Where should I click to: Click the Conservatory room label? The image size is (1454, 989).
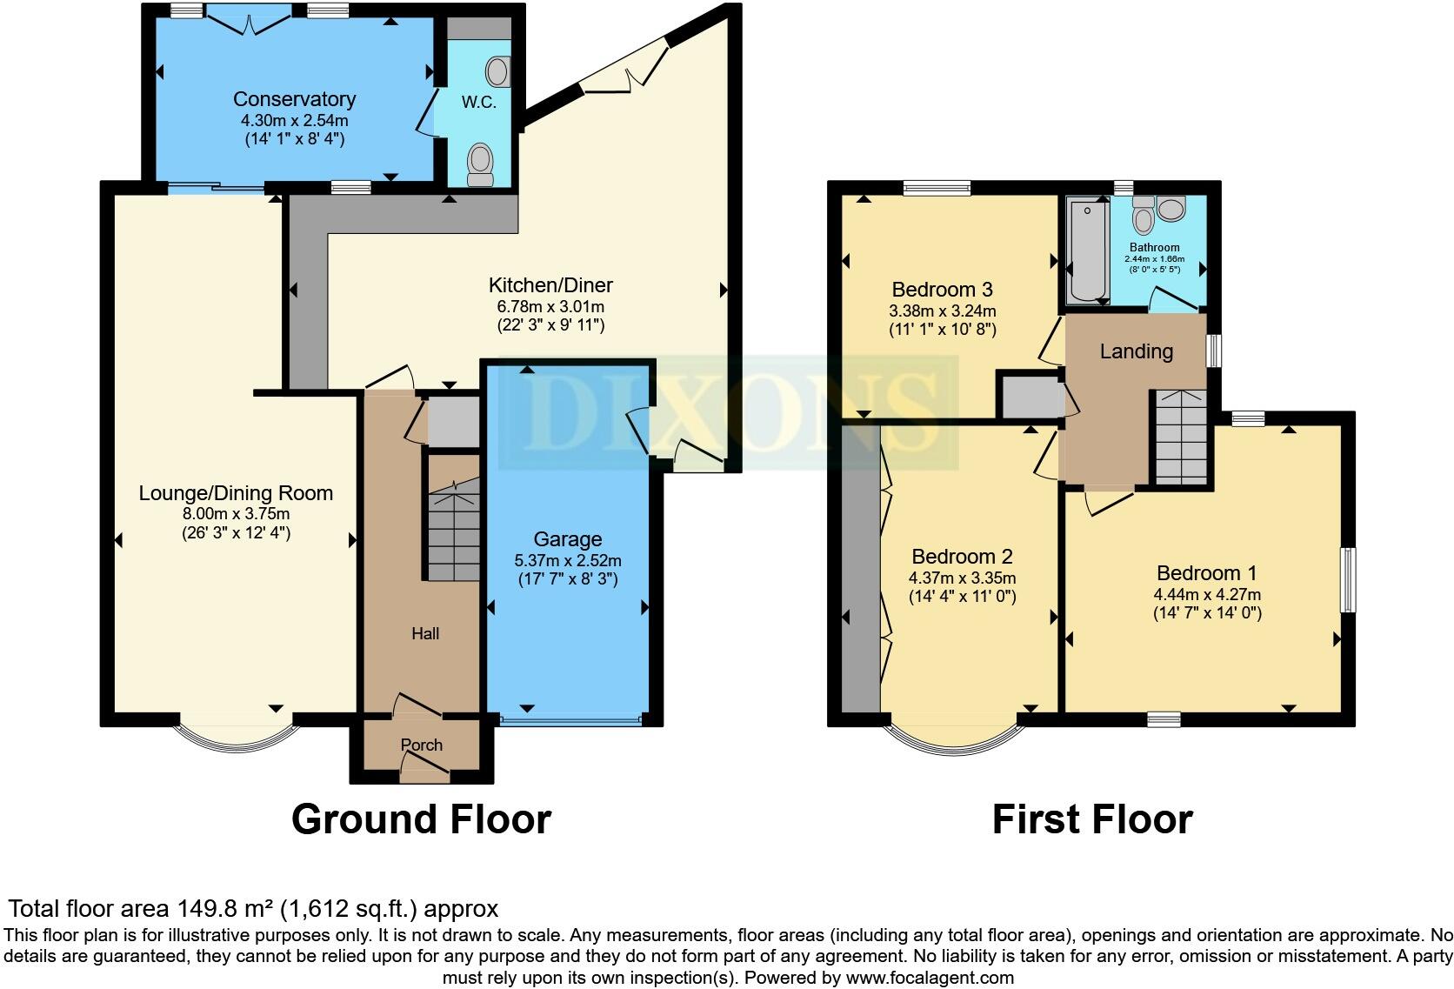click(x=294, y=99)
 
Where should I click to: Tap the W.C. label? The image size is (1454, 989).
click(x=478, y=103)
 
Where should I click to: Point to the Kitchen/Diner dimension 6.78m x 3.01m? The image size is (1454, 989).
click(x=550, y=306)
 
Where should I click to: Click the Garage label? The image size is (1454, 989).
click(x=567, y=539)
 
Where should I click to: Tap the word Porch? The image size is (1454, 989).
click(x=422, y=745)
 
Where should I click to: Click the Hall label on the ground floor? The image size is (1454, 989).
click(x=425, y=634)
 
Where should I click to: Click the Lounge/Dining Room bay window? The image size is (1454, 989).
click(x=237, y=739)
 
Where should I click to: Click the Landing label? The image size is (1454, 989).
click(x=1136, y=351)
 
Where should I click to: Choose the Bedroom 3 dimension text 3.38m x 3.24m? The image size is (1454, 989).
click(x=943, y=311)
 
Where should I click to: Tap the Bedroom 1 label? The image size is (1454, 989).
click(x=1206, y=573)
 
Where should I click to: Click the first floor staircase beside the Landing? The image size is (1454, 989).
click(x=1181, y=439)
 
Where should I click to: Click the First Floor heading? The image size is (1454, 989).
click(x=1091, y=819)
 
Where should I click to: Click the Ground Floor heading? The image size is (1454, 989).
click(x=421, y=819)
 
